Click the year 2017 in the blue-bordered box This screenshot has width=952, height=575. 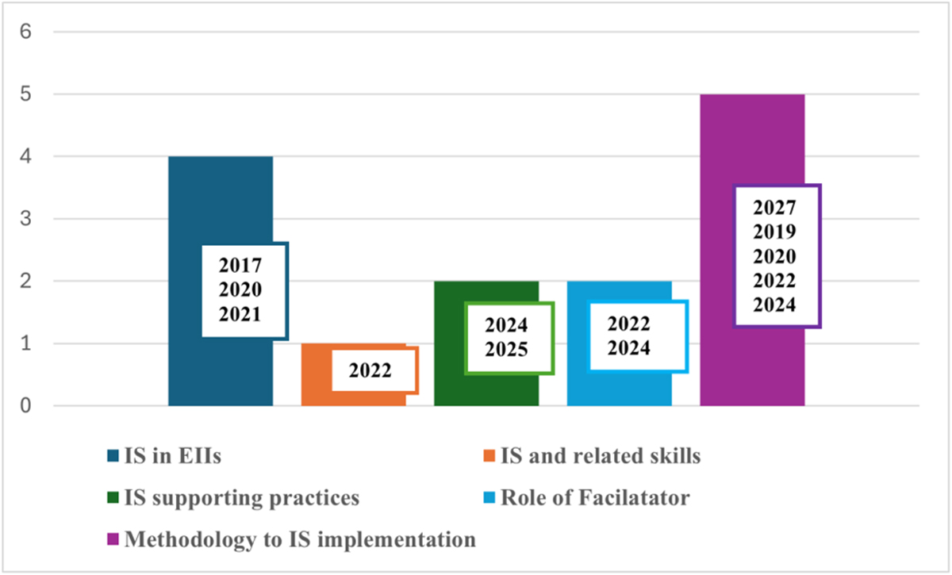(x=241, y=265)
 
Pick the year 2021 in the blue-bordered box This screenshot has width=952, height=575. (x=241, y=314)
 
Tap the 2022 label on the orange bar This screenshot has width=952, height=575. (x=370, y=370)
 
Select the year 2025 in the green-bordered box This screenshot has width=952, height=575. (x=507, y=349)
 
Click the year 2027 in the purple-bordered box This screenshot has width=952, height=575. (x=774, y=208)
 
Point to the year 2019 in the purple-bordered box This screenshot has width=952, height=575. (x=774, y=232)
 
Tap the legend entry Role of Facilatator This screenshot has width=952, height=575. (x=594, y=499)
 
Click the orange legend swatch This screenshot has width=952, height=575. (x=489, y=457)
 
